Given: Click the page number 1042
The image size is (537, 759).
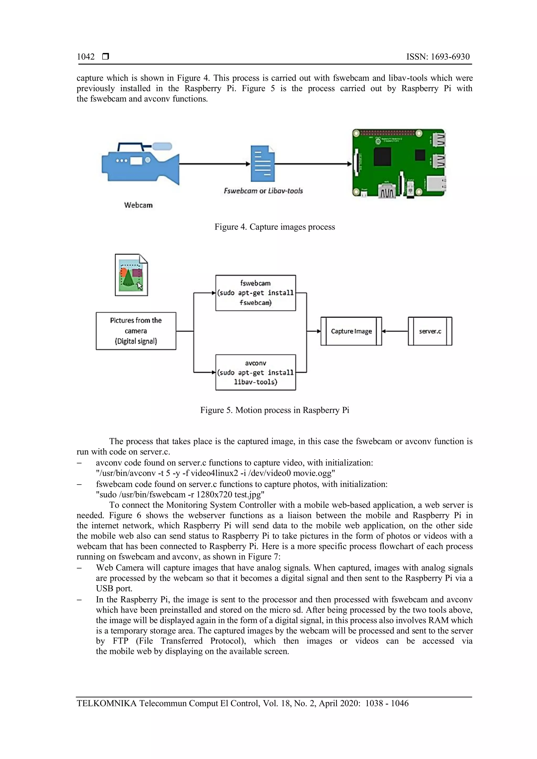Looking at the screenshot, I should coord(86,57).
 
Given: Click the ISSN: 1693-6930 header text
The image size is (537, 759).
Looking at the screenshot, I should coord(438,57).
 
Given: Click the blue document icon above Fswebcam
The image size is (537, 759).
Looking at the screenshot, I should coord(262,164).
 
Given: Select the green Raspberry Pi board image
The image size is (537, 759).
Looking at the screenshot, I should coord(399,163).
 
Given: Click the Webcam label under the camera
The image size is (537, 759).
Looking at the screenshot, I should coord(138,205).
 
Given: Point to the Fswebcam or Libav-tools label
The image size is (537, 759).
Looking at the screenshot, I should coord(263,191).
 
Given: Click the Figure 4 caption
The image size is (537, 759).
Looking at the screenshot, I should coord(275,227).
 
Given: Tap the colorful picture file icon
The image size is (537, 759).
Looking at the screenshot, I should coord(131,275).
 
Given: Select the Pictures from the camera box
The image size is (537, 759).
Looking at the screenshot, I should coord(136,331).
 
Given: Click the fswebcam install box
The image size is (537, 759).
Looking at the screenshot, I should coord(256,293).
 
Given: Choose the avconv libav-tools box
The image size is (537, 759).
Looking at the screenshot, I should coord(256,373).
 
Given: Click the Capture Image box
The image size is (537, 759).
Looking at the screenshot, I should coord(351,331).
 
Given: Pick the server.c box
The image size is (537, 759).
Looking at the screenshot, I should coord(430,331).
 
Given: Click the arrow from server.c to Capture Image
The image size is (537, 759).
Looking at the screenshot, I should coord(395,331).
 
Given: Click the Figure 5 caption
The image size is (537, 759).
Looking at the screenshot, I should coord(275,410).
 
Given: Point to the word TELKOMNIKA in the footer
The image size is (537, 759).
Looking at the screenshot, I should coord(106,703).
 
